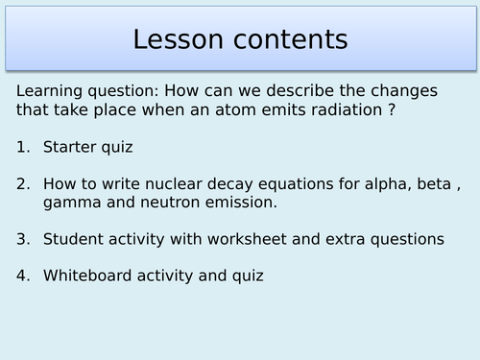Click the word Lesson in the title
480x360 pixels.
180,39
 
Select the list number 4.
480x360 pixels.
22,276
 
